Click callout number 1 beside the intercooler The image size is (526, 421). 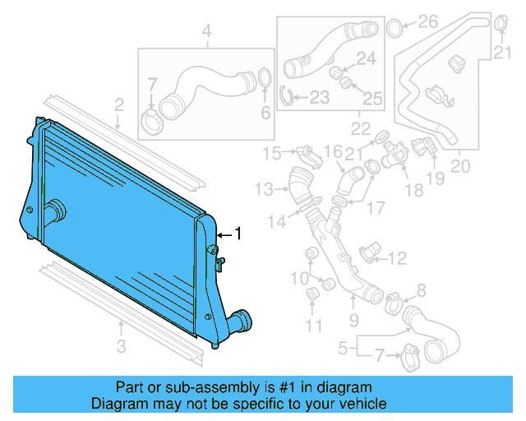[x=239, y=234]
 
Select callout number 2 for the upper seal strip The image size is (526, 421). [x=119, y=104]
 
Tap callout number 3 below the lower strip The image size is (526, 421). [x=121, y=346]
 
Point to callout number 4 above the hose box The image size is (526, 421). [x=207, y=32]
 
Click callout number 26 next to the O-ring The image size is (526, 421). [x=428, y=22]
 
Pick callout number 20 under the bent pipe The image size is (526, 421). [x=460, y=166]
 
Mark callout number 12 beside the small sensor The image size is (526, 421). [x=396, y=259]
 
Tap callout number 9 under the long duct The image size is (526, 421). [x=354, y=320]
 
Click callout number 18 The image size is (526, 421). [x=413, y=190]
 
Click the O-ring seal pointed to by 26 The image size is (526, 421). [x=394, y=28]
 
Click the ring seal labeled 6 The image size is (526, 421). [x=265, y=79]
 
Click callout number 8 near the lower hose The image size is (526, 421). [x=422, y=289]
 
